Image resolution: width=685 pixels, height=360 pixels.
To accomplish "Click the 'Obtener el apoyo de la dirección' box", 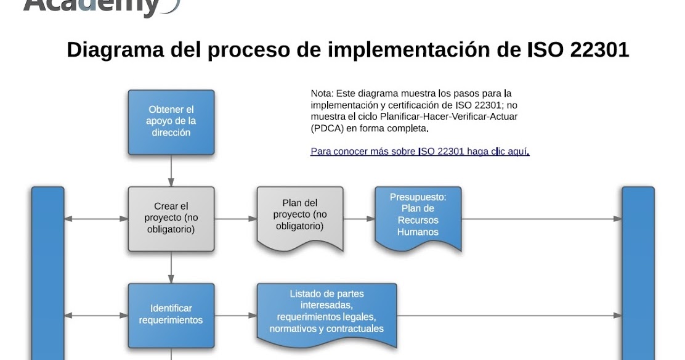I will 171,121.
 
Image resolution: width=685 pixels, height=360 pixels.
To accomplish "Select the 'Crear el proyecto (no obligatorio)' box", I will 171,218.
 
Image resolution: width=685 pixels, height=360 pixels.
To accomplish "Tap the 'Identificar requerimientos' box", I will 171,314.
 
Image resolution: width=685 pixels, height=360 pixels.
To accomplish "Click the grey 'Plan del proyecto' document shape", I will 299,216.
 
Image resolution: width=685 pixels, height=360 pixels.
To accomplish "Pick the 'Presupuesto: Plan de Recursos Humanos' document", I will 418,216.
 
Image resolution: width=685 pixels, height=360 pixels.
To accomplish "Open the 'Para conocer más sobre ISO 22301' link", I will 420,151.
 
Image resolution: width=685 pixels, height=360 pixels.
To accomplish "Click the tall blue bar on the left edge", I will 47,271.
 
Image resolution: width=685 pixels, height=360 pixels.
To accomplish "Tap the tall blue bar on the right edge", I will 638,271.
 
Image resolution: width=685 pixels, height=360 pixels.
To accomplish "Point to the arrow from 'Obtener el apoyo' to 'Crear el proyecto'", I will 171,170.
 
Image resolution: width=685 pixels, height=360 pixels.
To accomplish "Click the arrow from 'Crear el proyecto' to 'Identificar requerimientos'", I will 171,267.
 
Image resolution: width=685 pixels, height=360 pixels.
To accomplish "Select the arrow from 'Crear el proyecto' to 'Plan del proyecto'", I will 235,219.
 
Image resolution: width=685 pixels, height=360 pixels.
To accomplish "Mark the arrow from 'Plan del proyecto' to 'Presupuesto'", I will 359,219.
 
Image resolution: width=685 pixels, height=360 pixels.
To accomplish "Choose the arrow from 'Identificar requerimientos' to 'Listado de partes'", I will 235,315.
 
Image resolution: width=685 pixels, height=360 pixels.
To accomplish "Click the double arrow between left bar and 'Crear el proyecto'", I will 96,219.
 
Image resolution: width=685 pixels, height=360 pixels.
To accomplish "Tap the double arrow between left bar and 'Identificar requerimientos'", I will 96,315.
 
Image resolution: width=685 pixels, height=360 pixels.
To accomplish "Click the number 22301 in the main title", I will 599,50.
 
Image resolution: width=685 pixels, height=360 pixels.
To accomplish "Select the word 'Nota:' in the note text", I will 321,94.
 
